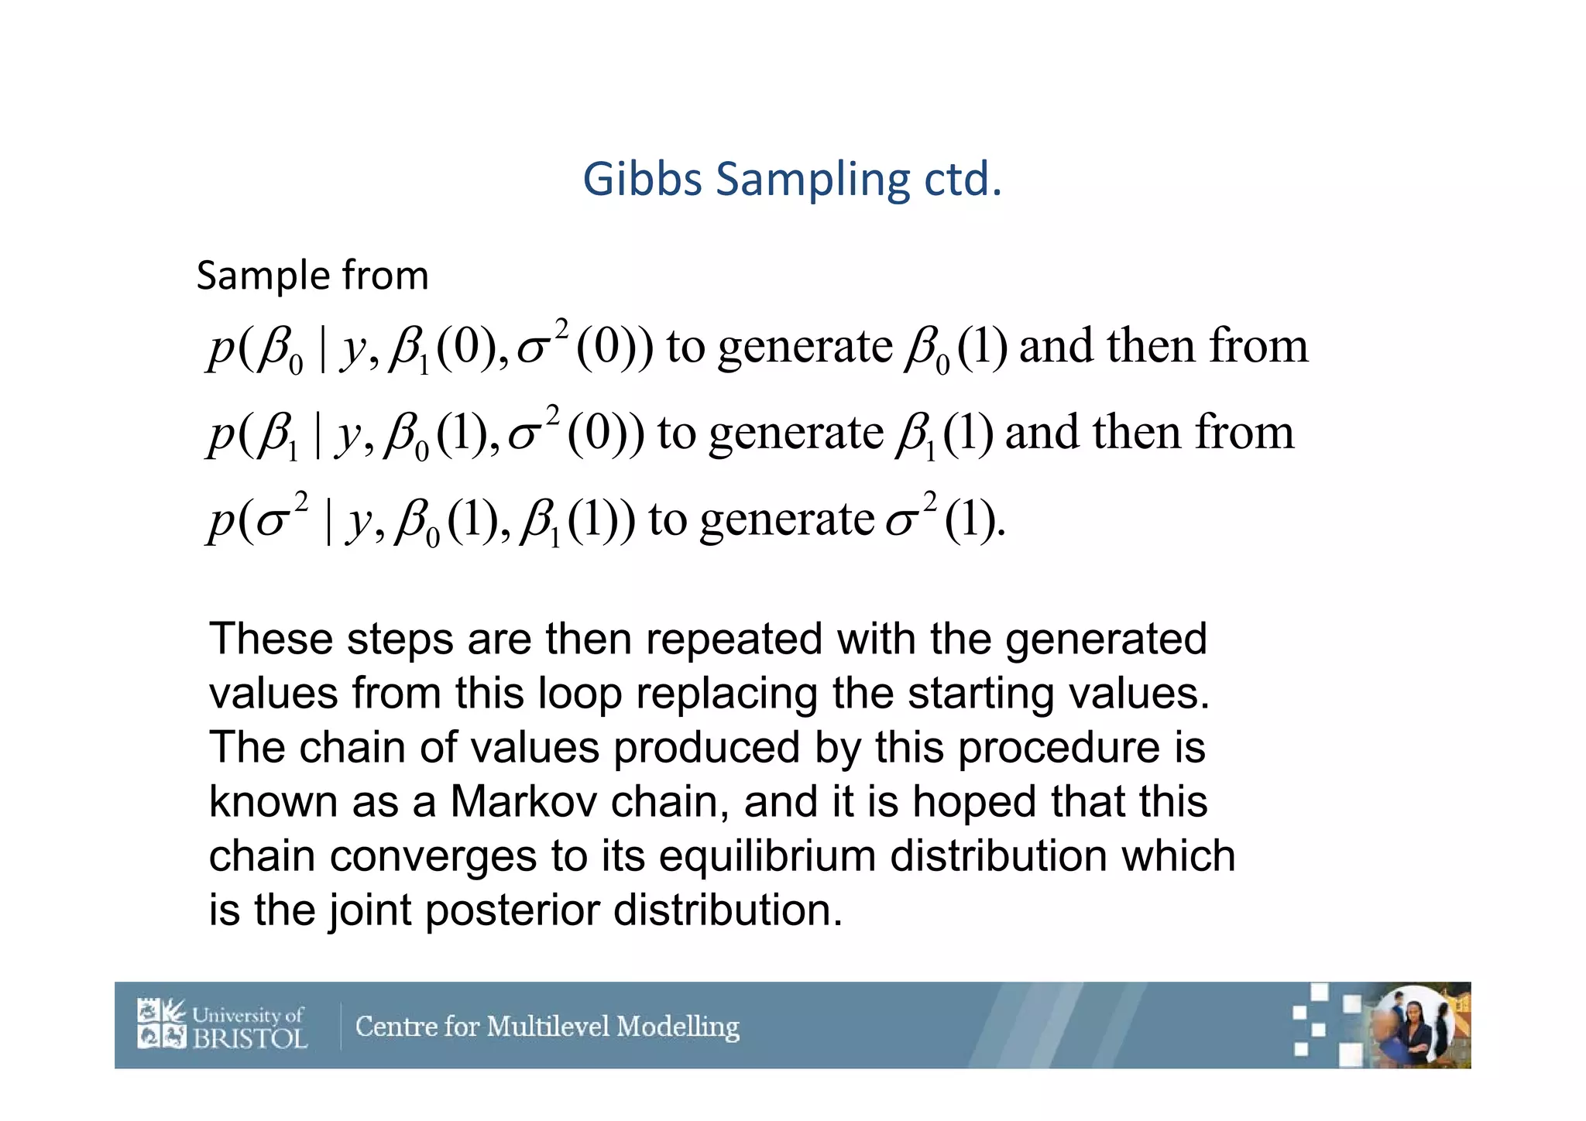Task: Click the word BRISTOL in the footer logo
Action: [249, 1038]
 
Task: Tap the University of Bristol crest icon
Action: [162, 1023]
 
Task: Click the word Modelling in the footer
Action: [678, 1027]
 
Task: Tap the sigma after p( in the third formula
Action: [272, 523]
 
